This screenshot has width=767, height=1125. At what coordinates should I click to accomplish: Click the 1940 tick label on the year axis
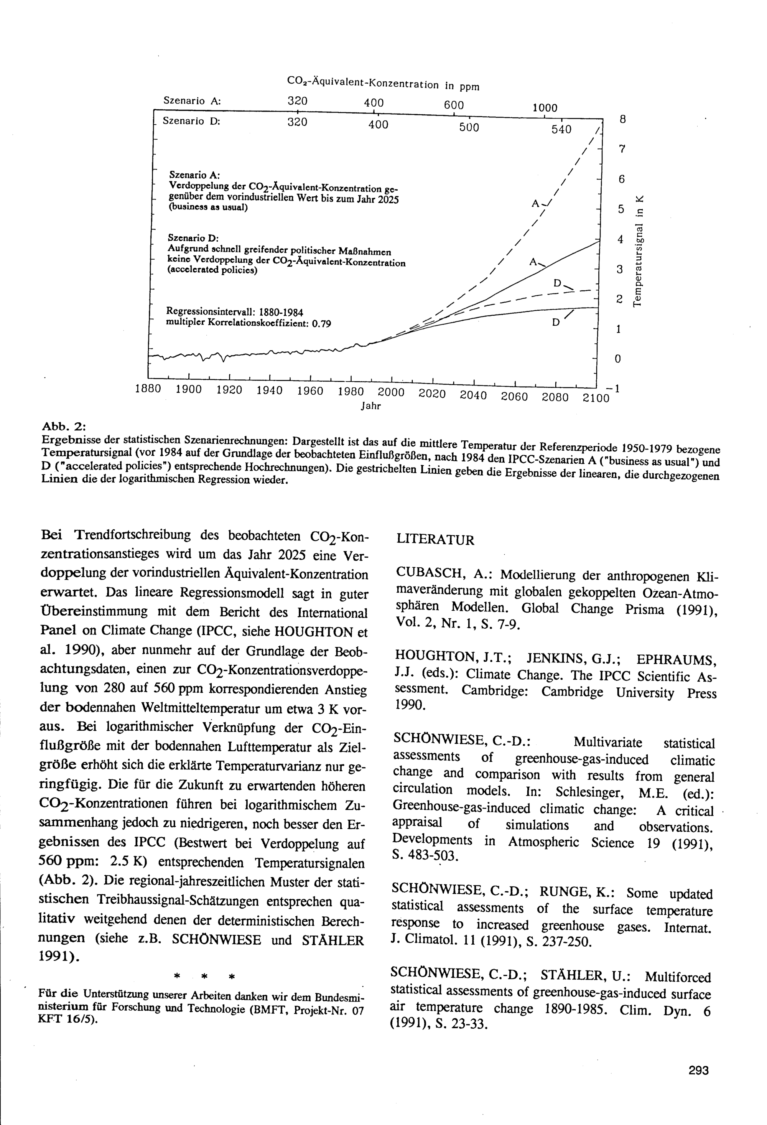(x=270, y=390)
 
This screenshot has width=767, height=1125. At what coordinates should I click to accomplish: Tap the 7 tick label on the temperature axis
(x=622, y=149)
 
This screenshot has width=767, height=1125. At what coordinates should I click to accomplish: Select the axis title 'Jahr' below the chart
(x=371, y=406)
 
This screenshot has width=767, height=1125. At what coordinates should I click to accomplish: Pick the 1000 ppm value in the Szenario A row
(x=545, y=108)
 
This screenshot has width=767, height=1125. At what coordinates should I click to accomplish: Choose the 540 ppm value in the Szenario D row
(x=561, y=129)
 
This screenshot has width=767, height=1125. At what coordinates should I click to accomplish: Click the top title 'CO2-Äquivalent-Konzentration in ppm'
(x=383, y=83)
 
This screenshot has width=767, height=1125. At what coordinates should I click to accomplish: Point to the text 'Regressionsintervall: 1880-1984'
(x=235, y=311)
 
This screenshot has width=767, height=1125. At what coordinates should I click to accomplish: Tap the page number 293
(x=698, y=1057)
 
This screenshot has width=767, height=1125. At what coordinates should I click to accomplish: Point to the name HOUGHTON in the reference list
(x=434, y=656)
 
